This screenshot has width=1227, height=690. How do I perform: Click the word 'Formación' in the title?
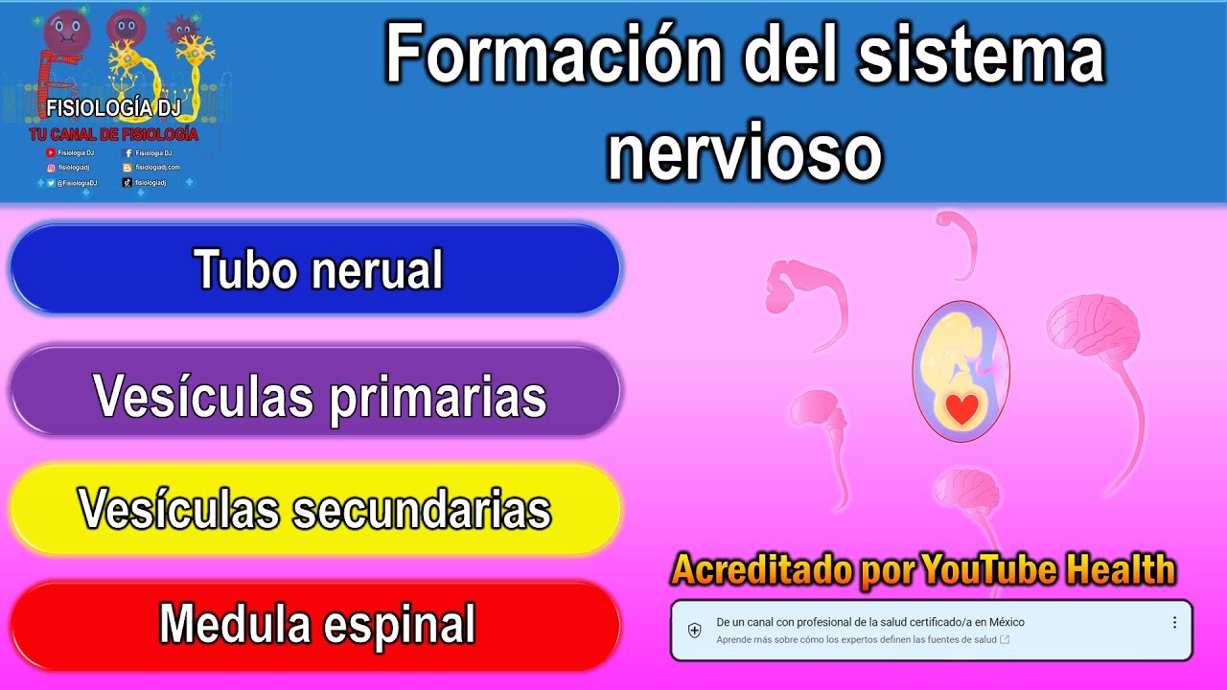(x=554, y=56)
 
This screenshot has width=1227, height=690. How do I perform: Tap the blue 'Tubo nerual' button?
(x=317, y=269)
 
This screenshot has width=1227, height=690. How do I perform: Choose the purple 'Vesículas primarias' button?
(x=317, y=394)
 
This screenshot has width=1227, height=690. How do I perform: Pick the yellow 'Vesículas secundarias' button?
(x=315, y=509)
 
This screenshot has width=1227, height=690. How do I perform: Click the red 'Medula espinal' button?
(x=316, y=624)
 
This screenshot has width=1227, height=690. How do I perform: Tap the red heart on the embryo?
(x=961, y=409)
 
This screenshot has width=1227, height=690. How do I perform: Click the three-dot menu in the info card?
(x=1174, y=623)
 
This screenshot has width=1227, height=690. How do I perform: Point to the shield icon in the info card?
(x=695, y=630)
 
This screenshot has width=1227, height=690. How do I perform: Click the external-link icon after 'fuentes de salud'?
(x=1004, y=639)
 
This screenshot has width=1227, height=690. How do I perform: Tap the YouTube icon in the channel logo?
(x=51, y=153)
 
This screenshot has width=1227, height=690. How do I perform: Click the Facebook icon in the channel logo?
(x=128, y=153)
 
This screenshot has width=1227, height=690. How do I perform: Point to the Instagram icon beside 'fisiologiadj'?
(x=51, y=168)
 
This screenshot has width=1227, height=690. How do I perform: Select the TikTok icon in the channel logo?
(x=127, y=182)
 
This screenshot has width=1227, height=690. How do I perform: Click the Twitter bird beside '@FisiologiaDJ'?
(x=51, y=182)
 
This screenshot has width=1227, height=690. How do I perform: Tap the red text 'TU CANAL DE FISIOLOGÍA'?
(x=113, y=135)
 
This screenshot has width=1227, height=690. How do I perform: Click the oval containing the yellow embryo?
(x=960, y=371)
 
